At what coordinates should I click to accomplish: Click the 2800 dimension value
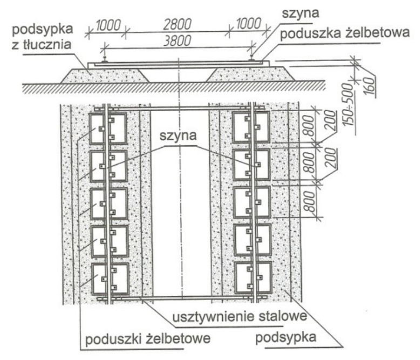177,24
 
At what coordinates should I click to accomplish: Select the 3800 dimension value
177,41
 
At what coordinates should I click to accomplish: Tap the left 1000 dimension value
107,25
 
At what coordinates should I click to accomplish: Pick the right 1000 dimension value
248,24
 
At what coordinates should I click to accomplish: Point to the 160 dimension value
369,86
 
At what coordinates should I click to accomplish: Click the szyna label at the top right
301,12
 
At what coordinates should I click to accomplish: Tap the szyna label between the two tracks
178,135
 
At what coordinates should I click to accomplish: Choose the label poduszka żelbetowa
345,33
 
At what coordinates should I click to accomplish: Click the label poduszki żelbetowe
147,339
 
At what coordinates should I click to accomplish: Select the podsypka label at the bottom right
286,337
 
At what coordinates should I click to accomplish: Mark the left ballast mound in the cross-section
105,76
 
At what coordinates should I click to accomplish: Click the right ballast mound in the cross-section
250,74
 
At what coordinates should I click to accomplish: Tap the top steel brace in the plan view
180,108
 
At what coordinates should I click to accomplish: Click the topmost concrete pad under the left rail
108,128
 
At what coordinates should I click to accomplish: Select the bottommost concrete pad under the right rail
253,278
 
